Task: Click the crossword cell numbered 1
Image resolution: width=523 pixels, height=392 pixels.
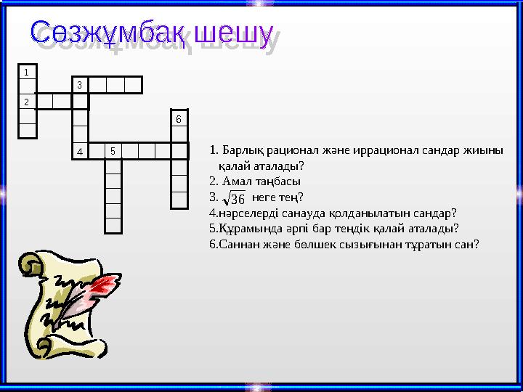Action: coord(27,73)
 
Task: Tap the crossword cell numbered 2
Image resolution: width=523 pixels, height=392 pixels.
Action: coord(27,101)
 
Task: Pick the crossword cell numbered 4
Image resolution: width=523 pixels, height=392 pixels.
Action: coord(80,151)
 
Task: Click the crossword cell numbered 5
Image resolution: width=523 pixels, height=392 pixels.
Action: coord(113,151)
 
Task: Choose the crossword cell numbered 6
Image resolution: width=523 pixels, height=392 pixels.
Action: coord(179,118)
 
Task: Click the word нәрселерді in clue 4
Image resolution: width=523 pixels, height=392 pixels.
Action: coord(244,213)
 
